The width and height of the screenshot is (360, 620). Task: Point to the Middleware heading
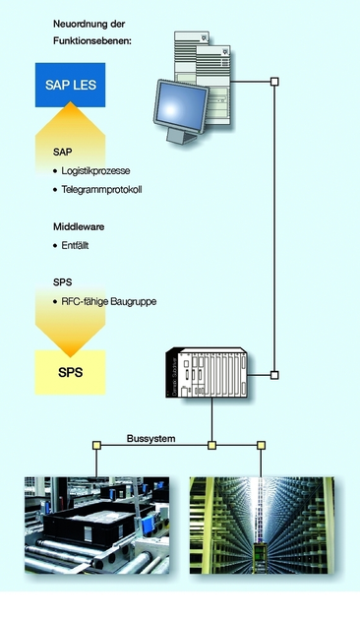point(79,225)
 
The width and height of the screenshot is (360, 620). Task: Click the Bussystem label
point(150,438)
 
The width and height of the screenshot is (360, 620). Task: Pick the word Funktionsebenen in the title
point(92,39)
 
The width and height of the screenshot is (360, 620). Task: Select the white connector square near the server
point(274,82)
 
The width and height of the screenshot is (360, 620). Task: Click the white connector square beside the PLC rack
point(274,374)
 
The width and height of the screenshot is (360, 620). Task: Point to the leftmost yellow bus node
point(96,446)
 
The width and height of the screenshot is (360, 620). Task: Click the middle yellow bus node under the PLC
point(211,446)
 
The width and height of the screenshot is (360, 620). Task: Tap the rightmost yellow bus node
point(261,446)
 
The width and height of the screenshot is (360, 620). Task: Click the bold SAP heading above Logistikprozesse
point(62,154)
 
